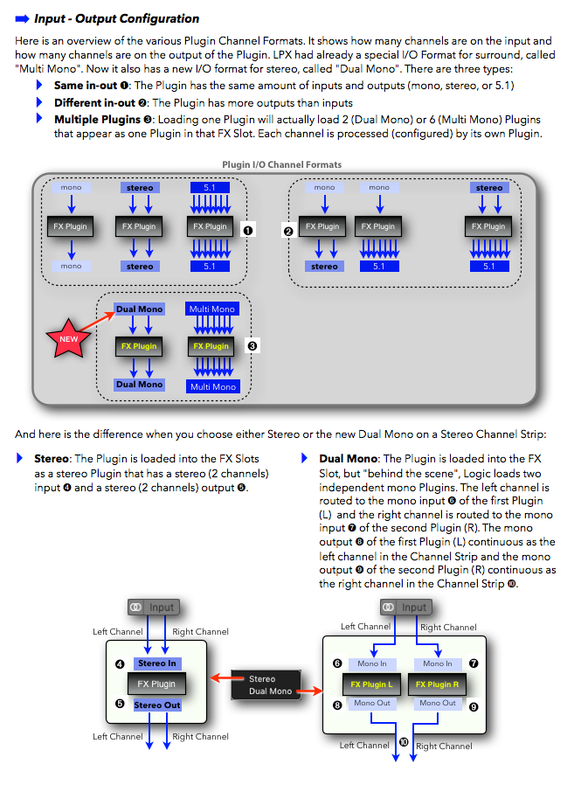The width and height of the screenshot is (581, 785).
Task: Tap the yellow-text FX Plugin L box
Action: [371, 684]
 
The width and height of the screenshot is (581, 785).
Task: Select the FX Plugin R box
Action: [437, 684]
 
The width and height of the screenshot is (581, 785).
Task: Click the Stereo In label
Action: [156, 663]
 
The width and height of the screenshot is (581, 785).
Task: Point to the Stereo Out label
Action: [156, 705]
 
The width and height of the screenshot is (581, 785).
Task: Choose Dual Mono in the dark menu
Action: [270, 691]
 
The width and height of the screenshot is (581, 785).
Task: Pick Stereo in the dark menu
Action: [262, 678]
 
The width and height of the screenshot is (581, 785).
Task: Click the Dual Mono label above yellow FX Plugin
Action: [139, 309]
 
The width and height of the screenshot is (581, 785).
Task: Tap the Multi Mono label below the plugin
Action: [212, 386]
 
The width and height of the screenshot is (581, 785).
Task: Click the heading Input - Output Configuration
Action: [116, 18]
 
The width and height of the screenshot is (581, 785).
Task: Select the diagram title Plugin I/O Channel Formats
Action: [282, 164]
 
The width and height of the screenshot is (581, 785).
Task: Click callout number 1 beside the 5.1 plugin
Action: [247, 229]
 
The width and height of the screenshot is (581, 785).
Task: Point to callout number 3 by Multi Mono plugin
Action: [252, 346]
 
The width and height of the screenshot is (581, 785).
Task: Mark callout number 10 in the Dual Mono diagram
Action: [403, 741]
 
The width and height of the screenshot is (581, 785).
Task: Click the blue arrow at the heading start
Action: [23, 18]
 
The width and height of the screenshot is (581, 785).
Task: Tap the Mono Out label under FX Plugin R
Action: [437, 703]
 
